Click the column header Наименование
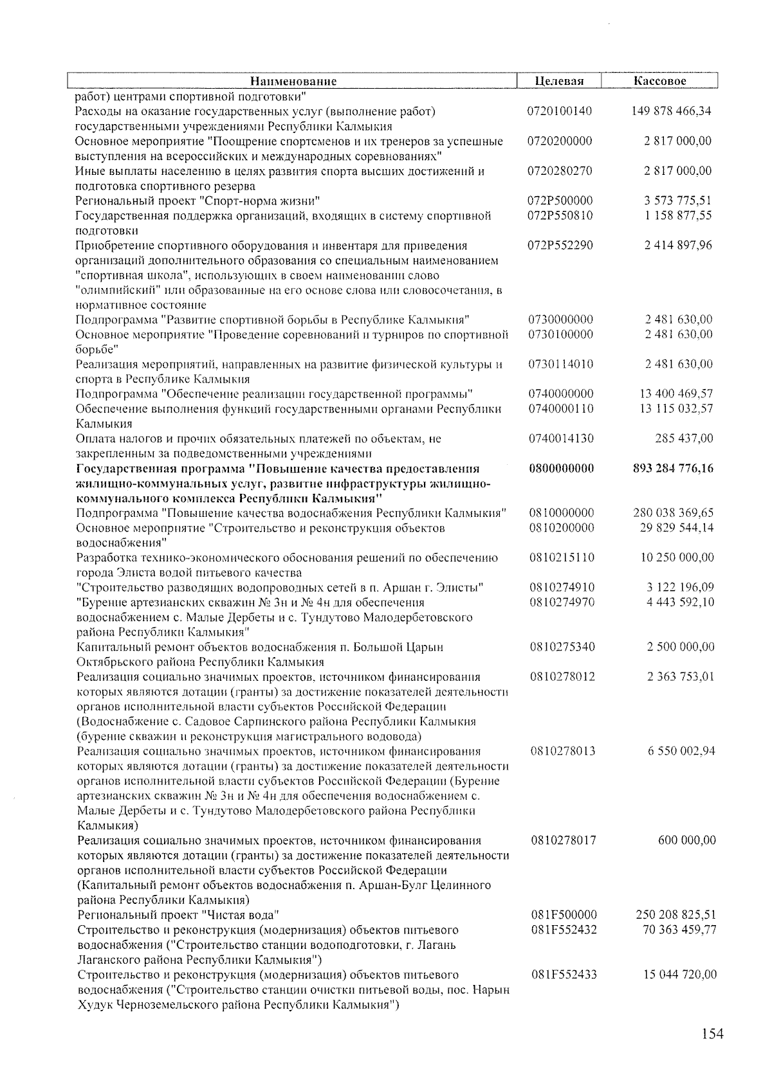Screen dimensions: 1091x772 [293, 81]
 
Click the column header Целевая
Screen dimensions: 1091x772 [559, 81]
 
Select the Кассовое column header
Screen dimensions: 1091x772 [659, 81]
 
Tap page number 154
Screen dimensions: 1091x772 [712, 1034]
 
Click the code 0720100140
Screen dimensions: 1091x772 [559, 111]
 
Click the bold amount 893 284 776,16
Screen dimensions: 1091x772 [673, 468]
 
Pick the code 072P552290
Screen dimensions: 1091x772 [560, 245]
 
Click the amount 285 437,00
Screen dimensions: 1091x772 [684, 438]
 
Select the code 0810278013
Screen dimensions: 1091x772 [563, 751]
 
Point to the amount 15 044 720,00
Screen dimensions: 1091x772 [679, 974]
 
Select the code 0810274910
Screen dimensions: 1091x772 [562, 587]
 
